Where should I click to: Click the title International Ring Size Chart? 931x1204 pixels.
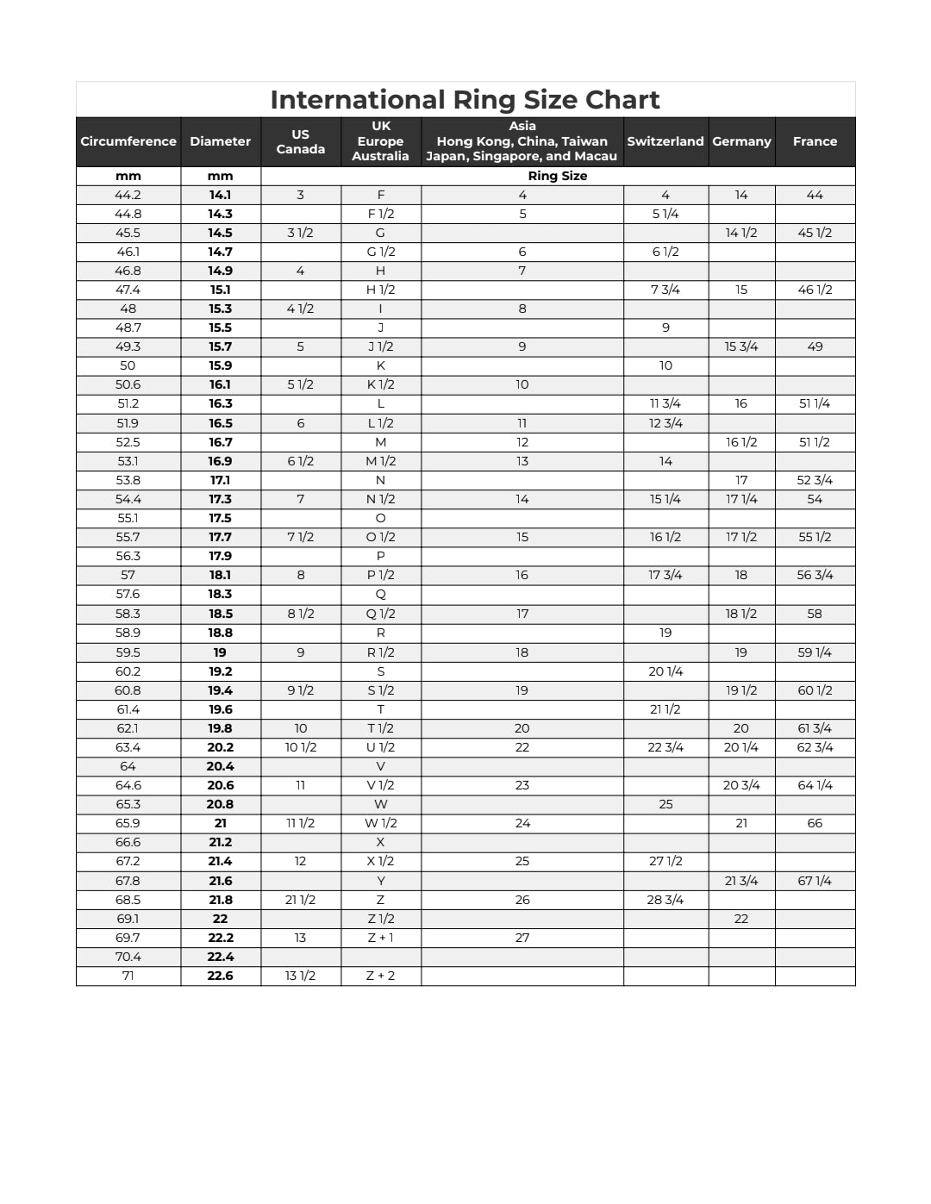tap(465, 100)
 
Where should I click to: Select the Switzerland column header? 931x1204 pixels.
tap(665, 141)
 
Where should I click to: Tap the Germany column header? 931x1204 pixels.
tap(741, 141)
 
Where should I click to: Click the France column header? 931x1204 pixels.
tap(815, 141)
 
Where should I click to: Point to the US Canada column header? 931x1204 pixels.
tap(300, 141)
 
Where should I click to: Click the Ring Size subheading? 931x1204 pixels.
tap(557, 176)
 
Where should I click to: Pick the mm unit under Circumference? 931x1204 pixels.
tap(128, 176)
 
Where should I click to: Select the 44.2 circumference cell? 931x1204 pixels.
tap(128, 195)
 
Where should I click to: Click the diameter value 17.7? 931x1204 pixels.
tap(220, 537)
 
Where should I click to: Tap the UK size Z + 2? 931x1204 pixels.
tap(380, 976)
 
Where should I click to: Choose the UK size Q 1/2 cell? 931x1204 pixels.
tap(380, 614)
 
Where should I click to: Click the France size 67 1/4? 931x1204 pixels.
tap(815, 881)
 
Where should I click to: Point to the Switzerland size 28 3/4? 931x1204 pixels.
tap(665, 900)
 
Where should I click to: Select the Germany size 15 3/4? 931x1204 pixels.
tap(741, 346)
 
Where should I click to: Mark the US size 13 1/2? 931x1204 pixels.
tap(300, 976)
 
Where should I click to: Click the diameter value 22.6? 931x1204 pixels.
tap(220, 976)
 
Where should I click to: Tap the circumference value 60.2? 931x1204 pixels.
tap(128, 671)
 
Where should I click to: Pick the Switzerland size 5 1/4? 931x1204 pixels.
tap(665, 214)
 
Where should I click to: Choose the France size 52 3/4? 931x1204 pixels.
tap(815, 480)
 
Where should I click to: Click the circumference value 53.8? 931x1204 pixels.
tap(128, 480)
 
